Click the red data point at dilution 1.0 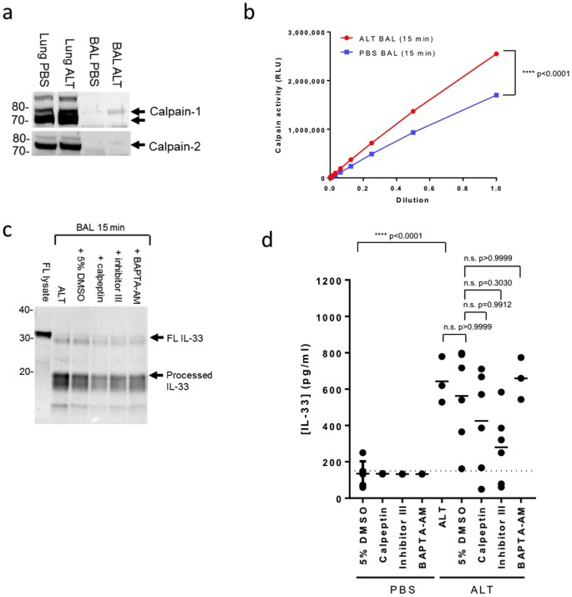[x=496, y=54]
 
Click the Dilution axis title [x=413, y=201]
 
